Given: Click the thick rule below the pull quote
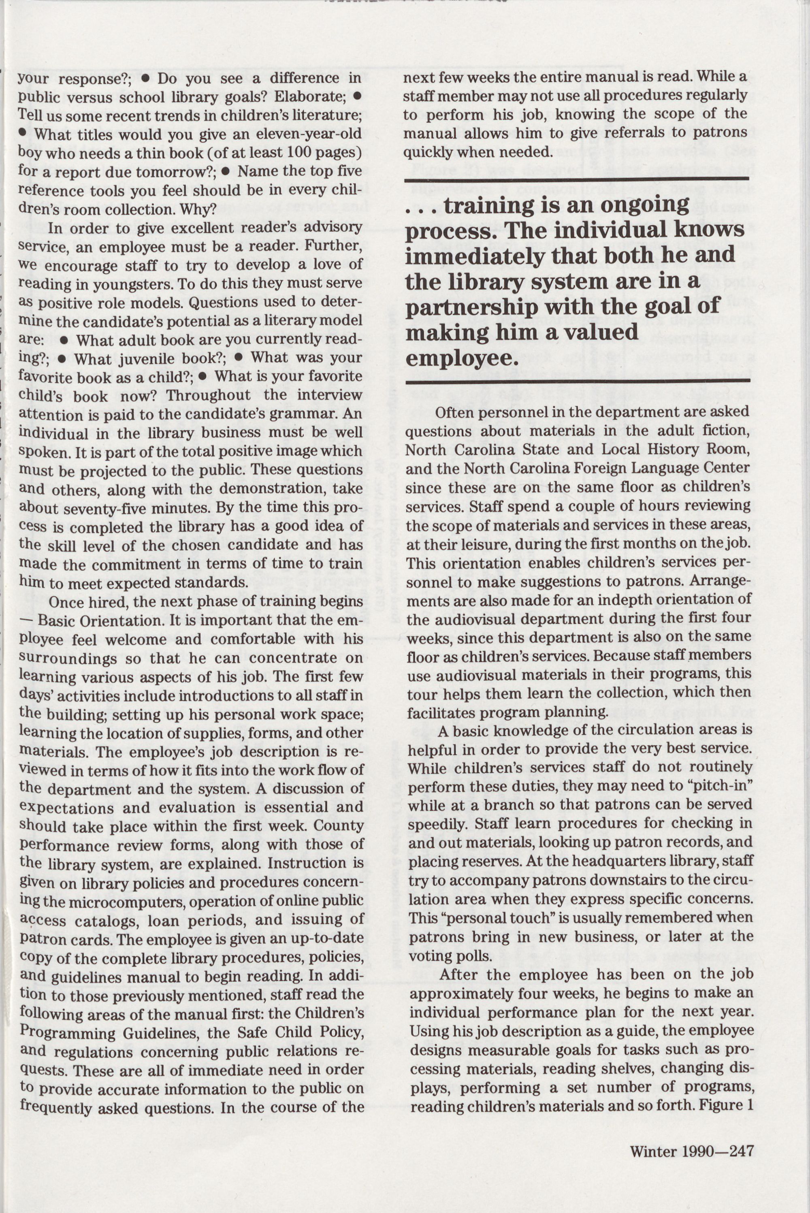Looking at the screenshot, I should pyautogui.click(x=577, y=381).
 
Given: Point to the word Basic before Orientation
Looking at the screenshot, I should pyautogui.click(x=67, y=620).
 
